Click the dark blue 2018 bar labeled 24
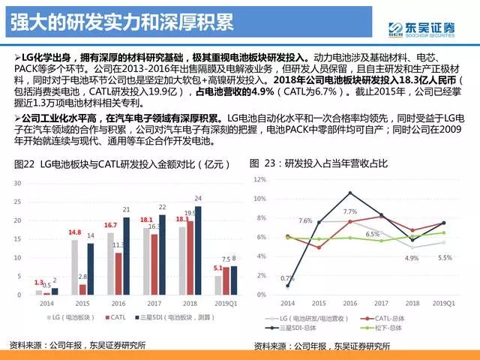tap(198, 250)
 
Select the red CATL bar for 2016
tap(118, 273)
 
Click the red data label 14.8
tap(75, 232)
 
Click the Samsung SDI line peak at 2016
tap(349, 193)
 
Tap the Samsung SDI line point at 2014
tap(287, 286)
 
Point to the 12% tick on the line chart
tap(259, 180)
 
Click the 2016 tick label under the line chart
tap(349, 303)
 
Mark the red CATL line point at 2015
tap(318, 247)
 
